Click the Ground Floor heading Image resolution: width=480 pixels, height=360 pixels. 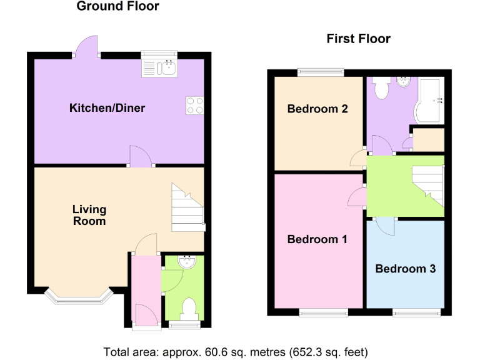[117, 7]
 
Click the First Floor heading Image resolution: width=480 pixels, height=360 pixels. [358, 39]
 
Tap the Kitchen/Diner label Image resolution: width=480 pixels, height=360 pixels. [107, 108]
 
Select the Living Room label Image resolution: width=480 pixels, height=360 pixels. [89, 215]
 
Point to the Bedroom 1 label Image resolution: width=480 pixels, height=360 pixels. [317, 239]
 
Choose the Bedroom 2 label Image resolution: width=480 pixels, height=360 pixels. [317, 109]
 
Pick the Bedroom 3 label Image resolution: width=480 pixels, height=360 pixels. [406, 269]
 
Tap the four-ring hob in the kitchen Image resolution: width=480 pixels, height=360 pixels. [195, 106]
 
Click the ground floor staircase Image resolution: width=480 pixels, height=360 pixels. [187, 207]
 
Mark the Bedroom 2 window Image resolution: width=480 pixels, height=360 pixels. [321, 72]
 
